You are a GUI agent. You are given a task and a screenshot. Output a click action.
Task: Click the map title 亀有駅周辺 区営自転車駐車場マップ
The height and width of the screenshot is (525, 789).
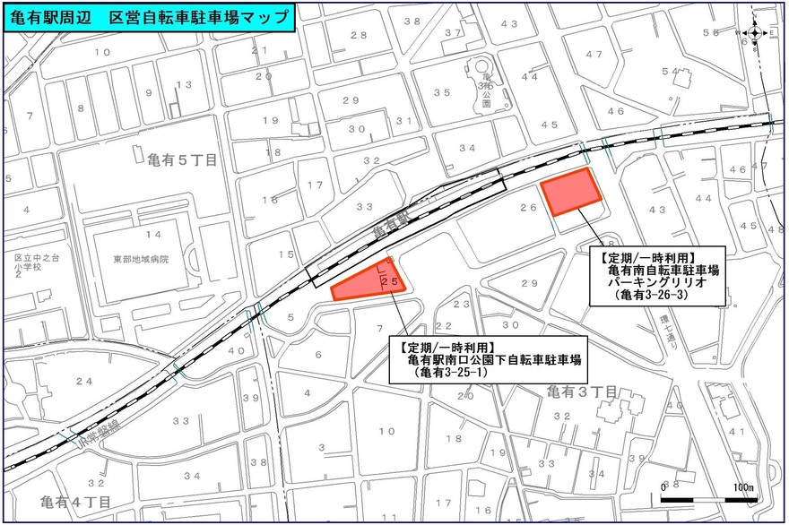click(149, 17)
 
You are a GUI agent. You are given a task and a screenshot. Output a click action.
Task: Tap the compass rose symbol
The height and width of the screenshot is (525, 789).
click(755, 35)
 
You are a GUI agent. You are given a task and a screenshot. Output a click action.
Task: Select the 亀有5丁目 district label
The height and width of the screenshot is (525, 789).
click(181, 159)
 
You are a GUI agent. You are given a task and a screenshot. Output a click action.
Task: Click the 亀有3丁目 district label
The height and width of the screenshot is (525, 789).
click(582, 392)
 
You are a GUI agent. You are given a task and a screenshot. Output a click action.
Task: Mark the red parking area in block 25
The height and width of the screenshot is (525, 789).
click(368, 280)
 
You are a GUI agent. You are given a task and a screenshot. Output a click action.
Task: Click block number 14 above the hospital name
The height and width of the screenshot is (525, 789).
click(154, 235)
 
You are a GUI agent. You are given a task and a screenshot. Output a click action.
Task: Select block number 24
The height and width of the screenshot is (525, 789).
click(83, 382)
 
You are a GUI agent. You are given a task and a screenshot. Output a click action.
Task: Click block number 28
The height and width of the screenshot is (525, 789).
click(359, 35)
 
